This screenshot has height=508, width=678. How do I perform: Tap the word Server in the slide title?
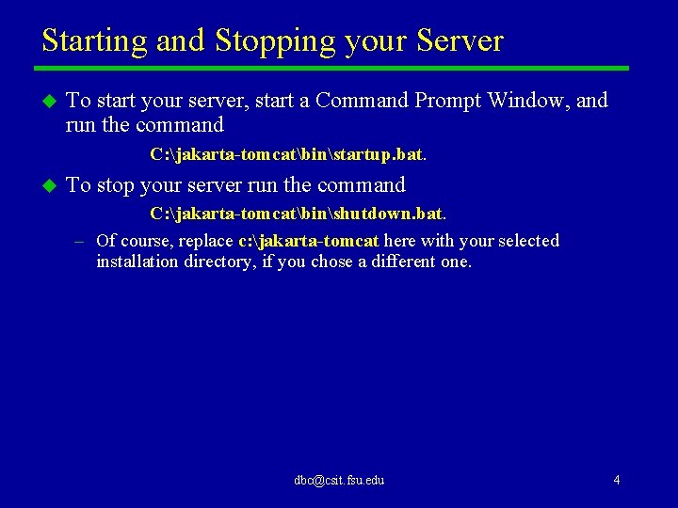[460, 41]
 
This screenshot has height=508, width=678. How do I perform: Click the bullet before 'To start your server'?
[46, 101]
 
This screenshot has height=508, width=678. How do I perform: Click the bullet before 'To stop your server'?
[46, 185]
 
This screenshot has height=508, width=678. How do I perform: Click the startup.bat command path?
[288, 152]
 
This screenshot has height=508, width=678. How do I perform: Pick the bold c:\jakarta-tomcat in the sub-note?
[308, 241]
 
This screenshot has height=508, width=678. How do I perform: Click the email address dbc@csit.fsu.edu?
[339, 480]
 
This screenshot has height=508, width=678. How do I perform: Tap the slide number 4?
[616, 480]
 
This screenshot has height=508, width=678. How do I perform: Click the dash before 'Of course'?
[82, 241]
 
